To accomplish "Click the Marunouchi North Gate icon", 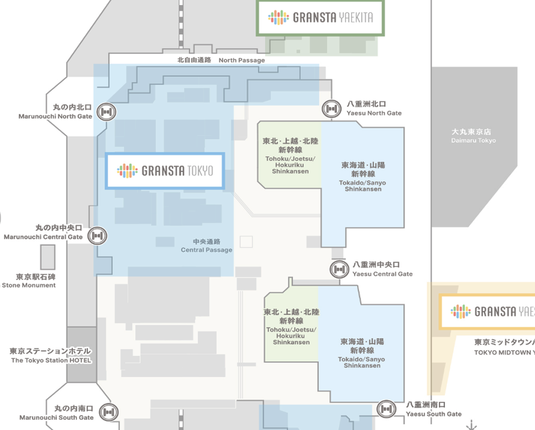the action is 107,112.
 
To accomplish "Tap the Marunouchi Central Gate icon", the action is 98,236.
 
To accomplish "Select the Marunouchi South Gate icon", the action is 109,412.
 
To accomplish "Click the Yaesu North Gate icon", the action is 332,109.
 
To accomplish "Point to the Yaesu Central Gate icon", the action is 339,269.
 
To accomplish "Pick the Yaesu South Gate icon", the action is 386,409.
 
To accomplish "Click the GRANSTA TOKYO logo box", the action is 165,170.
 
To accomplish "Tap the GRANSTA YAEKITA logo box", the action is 321,17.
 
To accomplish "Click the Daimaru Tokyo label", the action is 473,136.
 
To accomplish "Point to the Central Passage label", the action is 207,246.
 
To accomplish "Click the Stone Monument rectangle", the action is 48,257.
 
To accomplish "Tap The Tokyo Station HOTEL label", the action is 51,356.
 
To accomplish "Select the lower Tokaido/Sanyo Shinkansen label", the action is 362,353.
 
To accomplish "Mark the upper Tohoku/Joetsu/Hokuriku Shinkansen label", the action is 290,156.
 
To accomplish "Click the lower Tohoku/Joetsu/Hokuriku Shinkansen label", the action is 291,327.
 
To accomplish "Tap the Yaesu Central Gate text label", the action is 382,269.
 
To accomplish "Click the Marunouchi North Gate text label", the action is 55,112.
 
